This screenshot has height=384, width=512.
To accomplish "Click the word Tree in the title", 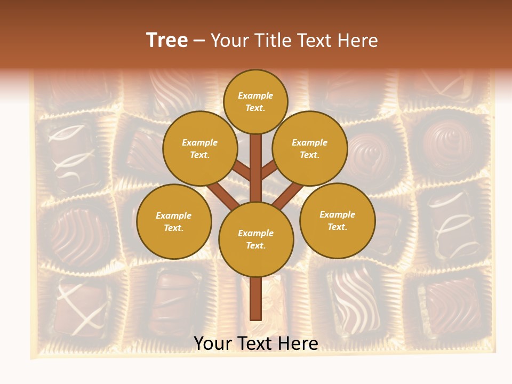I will (167, 41).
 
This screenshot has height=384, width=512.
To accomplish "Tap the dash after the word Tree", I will (199, 41).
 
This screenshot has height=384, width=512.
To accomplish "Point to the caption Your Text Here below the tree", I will (256, 343).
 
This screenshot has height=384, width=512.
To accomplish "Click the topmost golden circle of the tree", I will (255, 101).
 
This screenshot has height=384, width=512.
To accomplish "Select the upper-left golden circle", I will (199, 148).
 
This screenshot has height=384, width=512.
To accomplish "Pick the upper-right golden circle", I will (309, 148).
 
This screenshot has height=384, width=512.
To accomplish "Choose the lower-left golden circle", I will (173, 221).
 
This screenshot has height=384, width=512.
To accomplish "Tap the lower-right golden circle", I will (337, 220).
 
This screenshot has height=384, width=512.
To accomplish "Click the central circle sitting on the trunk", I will (256, 239).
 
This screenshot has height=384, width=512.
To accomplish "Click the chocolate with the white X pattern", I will (80, 307).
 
